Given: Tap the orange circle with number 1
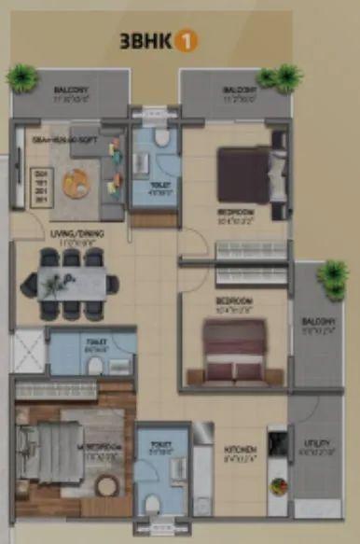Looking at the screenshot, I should coord(187,41).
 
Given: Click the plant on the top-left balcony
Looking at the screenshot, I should coord(21,78).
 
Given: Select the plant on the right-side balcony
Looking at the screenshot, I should coord(331,273).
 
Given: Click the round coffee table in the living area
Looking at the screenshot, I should coord(75,183).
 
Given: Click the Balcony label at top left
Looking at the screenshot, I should coord(71,90).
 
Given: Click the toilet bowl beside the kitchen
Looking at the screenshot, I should coord(153,505).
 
